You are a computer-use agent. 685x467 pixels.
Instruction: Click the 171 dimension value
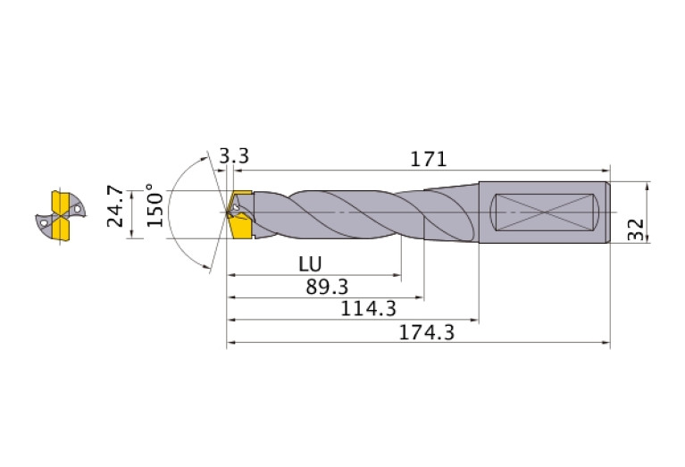pos(429,159)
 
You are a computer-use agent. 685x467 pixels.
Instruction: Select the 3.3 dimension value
pos(234,155)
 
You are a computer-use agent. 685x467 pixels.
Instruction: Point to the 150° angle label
pos(155,205)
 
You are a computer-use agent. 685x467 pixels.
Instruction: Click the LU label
pos(310,264)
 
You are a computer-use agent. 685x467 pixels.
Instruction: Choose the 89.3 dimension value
pos(327,287)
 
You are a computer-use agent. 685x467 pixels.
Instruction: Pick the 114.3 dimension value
pos(368,309)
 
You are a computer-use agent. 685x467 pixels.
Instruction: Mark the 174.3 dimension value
pos(427,333)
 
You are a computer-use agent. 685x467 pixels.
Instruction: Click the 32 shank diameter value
pos(636,229)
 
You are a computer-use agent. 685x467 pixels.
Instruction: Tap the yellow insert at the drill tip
pos(239,214)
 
